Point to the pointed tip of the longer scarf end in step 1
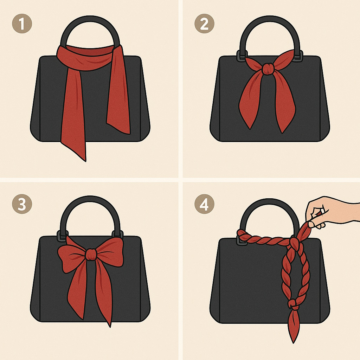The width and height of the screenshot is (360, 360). (84, 158)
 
